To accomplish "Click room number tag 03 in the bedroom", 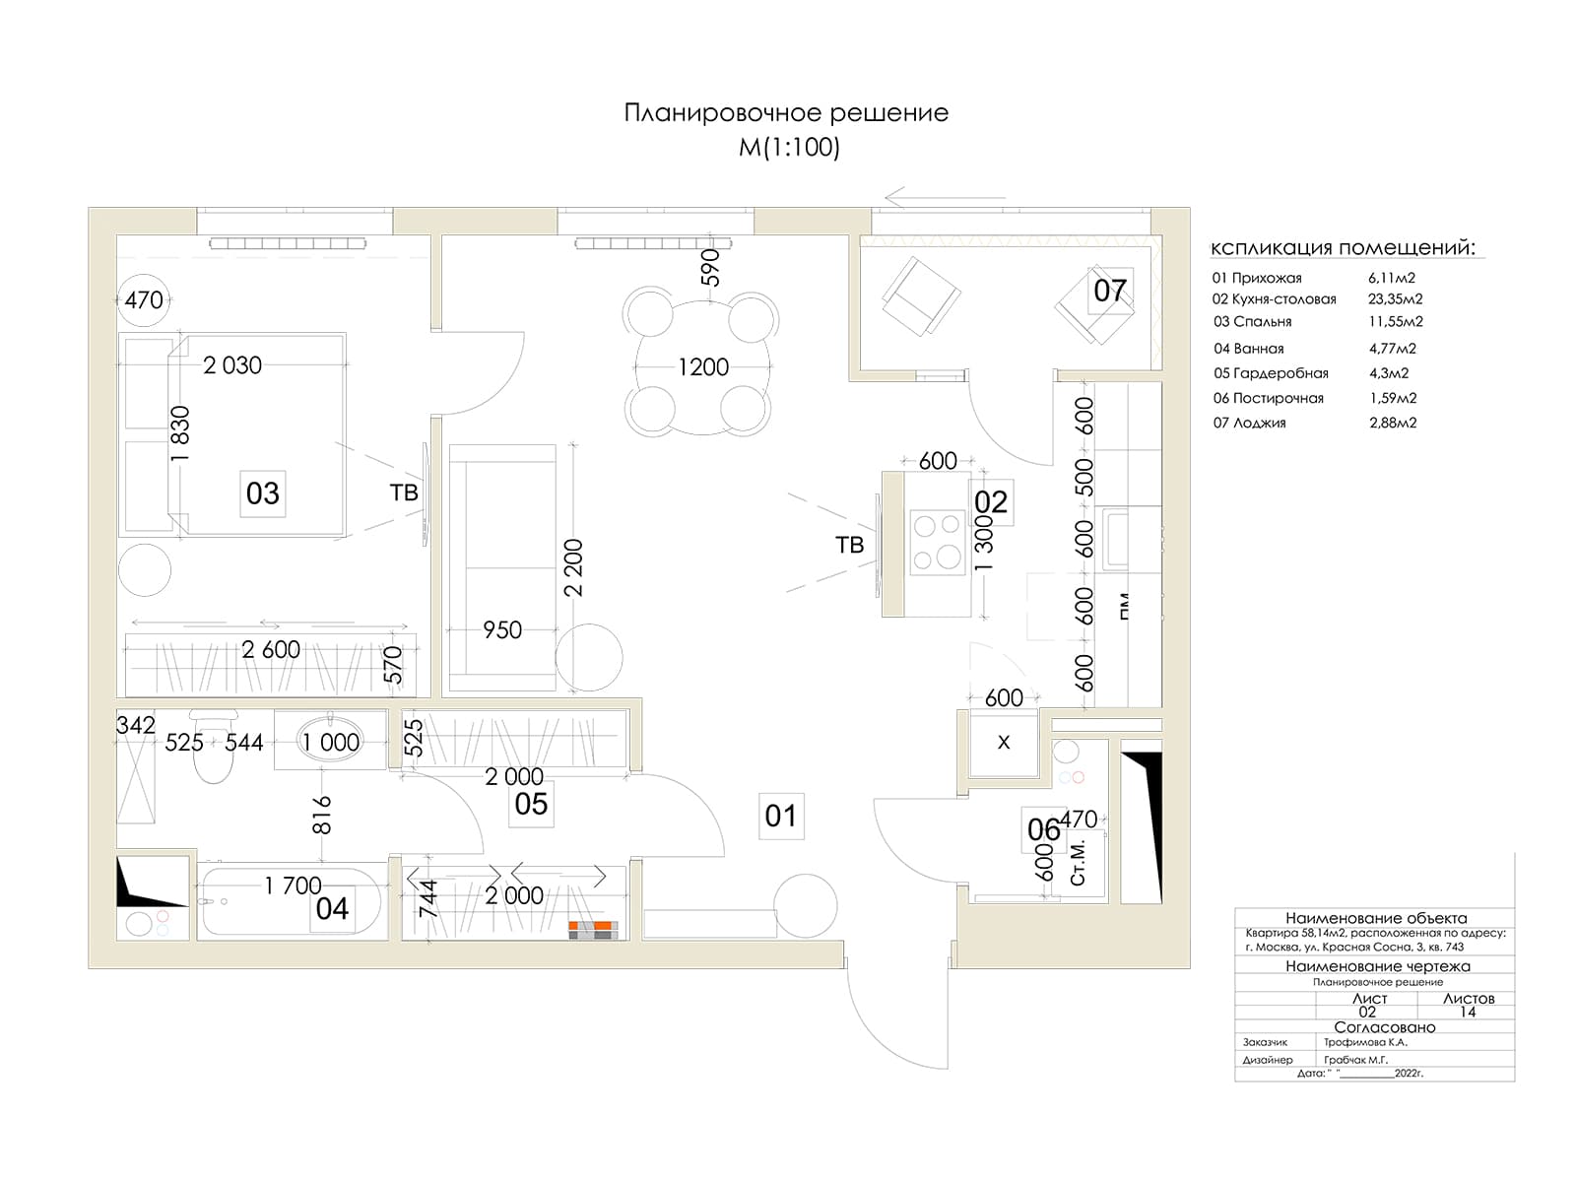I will point(262,492).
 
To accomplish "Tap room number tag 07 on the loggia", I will point(1109,290).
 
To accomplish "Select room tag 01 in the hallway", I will point(780,816).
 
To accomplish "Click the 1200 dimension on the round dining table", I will point(703,367).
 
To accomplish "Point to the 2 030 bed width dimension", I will point(232,365).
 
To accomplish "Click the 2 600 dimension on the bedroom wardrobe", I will point(271,650).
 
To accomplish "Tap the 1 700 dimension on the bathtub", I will point(293,886).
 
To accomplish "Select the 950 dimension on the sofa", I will point(502,630).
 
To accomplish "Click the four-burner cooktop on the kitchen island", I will point(936,543).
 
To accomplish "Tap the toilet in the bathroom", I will point(213,749).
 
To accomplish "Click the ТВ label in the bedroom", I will point(404,492).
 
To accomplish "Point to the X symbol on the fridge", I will point(1004,743).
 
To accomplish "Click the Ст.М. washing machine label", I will point(1078,863).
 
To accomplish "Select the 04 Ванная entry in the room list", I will point(1249,349).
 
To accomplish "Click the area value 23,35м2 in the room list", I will point(1395,299).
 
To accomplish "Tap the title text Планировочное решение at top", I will point(786,113).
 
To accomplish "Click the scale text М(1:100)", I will point(789,148).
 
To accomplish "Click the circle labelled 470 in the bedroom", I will point(144,299).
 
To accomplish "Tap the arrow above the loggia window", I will point(944,197).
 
